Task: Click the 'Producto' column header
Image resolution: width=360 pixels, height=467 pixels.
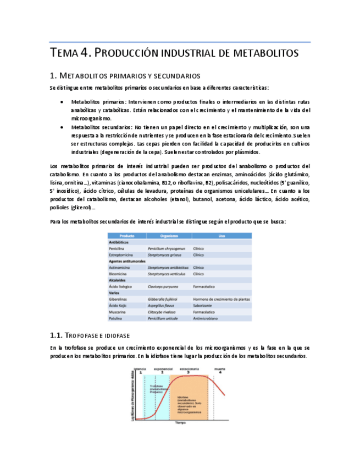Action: [119, 235]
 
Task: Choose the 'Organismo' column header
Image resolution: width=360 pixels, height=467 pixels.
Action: [168, 235]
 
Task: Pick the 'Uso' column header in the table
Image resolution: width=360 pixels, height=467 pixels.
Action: [221, 235]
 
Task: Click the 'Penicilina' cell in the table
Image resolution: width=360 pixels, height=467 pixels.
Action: [119, 248]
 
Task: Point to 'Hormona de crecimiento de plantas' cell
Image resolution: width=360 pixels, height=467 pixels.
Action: [221, 300]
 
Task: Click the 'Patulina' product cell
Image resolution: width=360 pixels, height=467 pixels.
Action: [118, 318]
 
